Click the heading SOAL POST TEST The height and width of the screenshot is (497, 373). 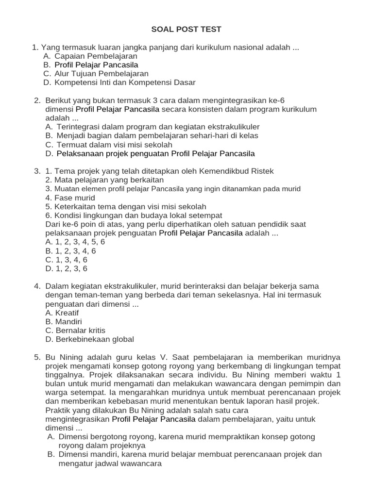[186, 29]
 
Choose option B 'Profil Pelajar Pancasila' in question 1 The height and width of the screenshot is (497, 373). [96, 65]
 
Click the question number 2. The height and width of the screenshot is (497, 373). [37, 100]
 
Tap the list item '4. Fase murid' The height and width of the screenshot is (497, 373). [70, 198]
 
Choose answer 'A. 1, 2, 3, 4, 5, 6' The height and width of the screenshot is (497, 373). [75, 242]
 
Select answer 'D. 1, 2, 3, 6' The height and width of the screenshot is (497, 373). [66, 268]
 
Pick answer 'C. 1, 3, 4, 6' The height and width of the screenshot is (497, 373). [66, 260]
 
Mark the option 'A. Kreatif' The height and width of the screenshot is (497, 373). [62, 313]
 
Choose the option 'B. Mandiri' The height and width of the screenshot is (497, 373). [63, 322]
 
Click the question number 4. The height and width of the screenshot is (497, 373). [37, 286]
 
